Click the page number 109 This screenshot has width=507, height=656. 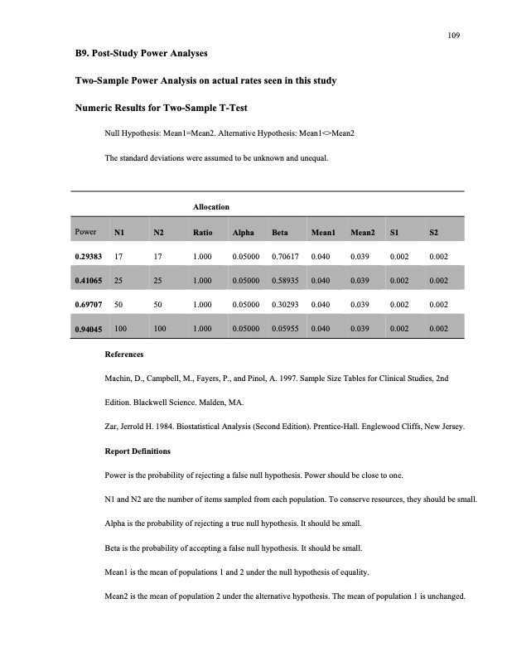453,36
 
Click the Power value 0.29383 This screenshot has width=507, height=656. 89,257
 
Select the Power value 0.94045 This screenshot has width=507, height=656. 89,328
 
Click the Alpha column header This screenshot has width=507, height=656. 243,233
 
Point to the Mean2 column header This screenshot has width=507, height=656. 363,233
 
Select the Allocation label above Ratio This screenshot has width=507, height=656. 210,205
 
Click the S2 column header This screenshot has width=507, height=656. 434,233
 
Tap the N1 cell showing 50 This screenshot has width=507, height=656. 119,304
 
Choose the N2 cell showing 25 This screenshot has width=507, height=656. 157,281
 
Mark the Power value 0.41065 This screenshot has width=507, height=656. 89,281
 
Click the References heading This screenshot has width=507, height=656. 123,355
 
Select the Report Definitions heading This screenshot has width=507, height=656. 138,451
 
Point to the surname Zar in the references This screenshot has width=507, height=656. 111,427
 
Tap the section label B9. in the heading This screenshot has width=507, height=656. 83,54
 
